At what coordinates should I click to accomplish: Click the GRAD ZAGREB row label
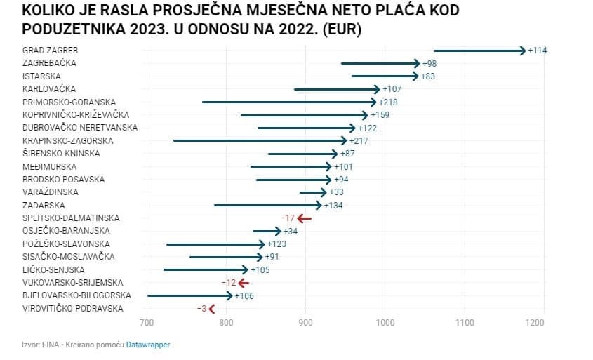click(x=50, y=51)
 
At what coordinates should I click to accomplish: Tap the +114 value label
click(x=537, y=51)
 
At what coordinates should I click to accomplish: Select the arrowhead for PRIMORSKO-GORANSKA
click(x=373, y=102)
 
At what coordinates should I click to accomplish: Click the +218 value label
click(x=388, y=102)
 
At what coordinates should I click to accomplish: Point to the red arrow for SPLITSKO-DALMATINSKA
click(x=305, y=218)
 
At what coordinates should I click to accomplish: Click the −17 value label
click(x=287, y=218)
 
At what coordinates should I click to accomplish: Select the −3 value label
click(x=201, y=309)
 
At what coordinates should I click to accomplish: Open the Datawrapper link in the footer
click(x=148, y=345)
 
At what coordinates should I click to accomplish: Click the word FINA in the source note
click(x=51, y=345)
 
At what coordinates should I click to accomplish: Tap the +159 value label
click(x=380, y=115)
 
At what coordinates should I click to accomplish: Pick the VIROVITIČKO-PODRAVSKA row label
click(x=73, y=309)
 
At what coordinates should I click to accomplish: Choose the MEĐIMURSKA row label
click(x=50, y=167)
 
